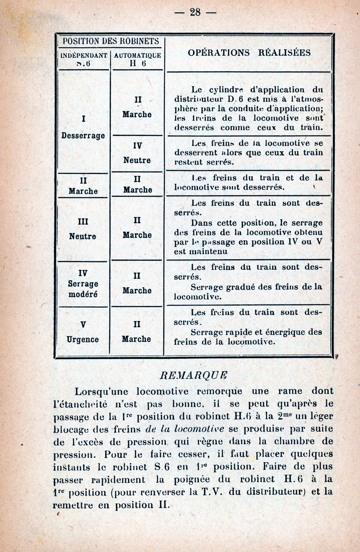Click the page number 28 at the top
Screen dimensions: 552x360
[195, 12]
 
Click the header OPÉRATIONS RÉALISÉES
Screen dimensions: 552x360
[249, 53]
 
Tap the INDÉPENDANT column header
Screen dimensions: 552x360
[84, 55]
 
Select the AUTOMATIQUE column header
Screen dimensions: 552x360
[138, 55]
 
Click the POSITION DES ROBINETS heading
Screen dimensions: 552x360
[111, 41]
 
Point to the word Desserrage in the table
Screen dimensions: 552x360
[83, 136]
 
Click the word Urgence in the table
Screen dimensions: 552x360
[83, 339]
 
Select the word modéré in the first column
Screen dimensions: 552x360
[83, 294]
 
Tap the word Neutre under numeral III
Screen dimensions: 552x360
[83, 236]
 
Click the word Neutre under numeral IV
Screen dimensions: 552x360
[137, 160]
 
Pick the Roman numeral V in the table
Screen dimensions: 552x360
[83, 324]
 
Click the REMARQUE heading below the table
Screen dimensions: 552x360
[194, 376]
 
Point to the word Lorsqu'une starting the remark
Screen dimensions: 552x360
[103, 392]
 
